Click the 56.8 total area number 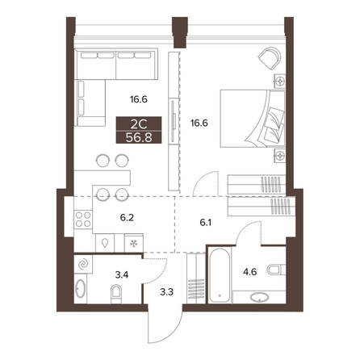[x=139, y=137]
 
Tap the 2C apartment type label [x=139, y=124]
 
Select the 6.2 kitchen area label [x=127, y=217]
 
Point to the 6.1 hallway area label [x=206, y=223]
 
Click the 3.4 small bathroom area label [x=122, y=275]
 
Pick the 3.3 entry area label [x=166, y=292]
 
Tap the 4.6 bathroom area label [x=249, y=272]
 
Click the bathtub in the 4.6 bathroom [x=220, y=275]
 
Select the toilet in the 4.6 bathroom [x=276, y=270]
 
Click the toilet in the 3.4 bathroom [x=116, y=294]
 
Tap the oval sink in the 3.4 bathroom [x=80, y=289]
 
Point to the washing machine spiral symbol [x=83, y=264]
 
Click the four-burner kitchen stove [x=83, y=220]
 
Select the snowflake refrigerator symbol [x=134, y=244]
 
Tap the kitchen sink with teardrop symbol [x=105, y=243]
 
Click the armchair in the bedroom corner [x=270, y=58]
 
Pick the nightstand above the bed [x=280, y=81]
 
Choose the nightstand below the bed [x=280, y=155]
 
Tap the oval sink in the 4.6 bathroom [x=259, y=297]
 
